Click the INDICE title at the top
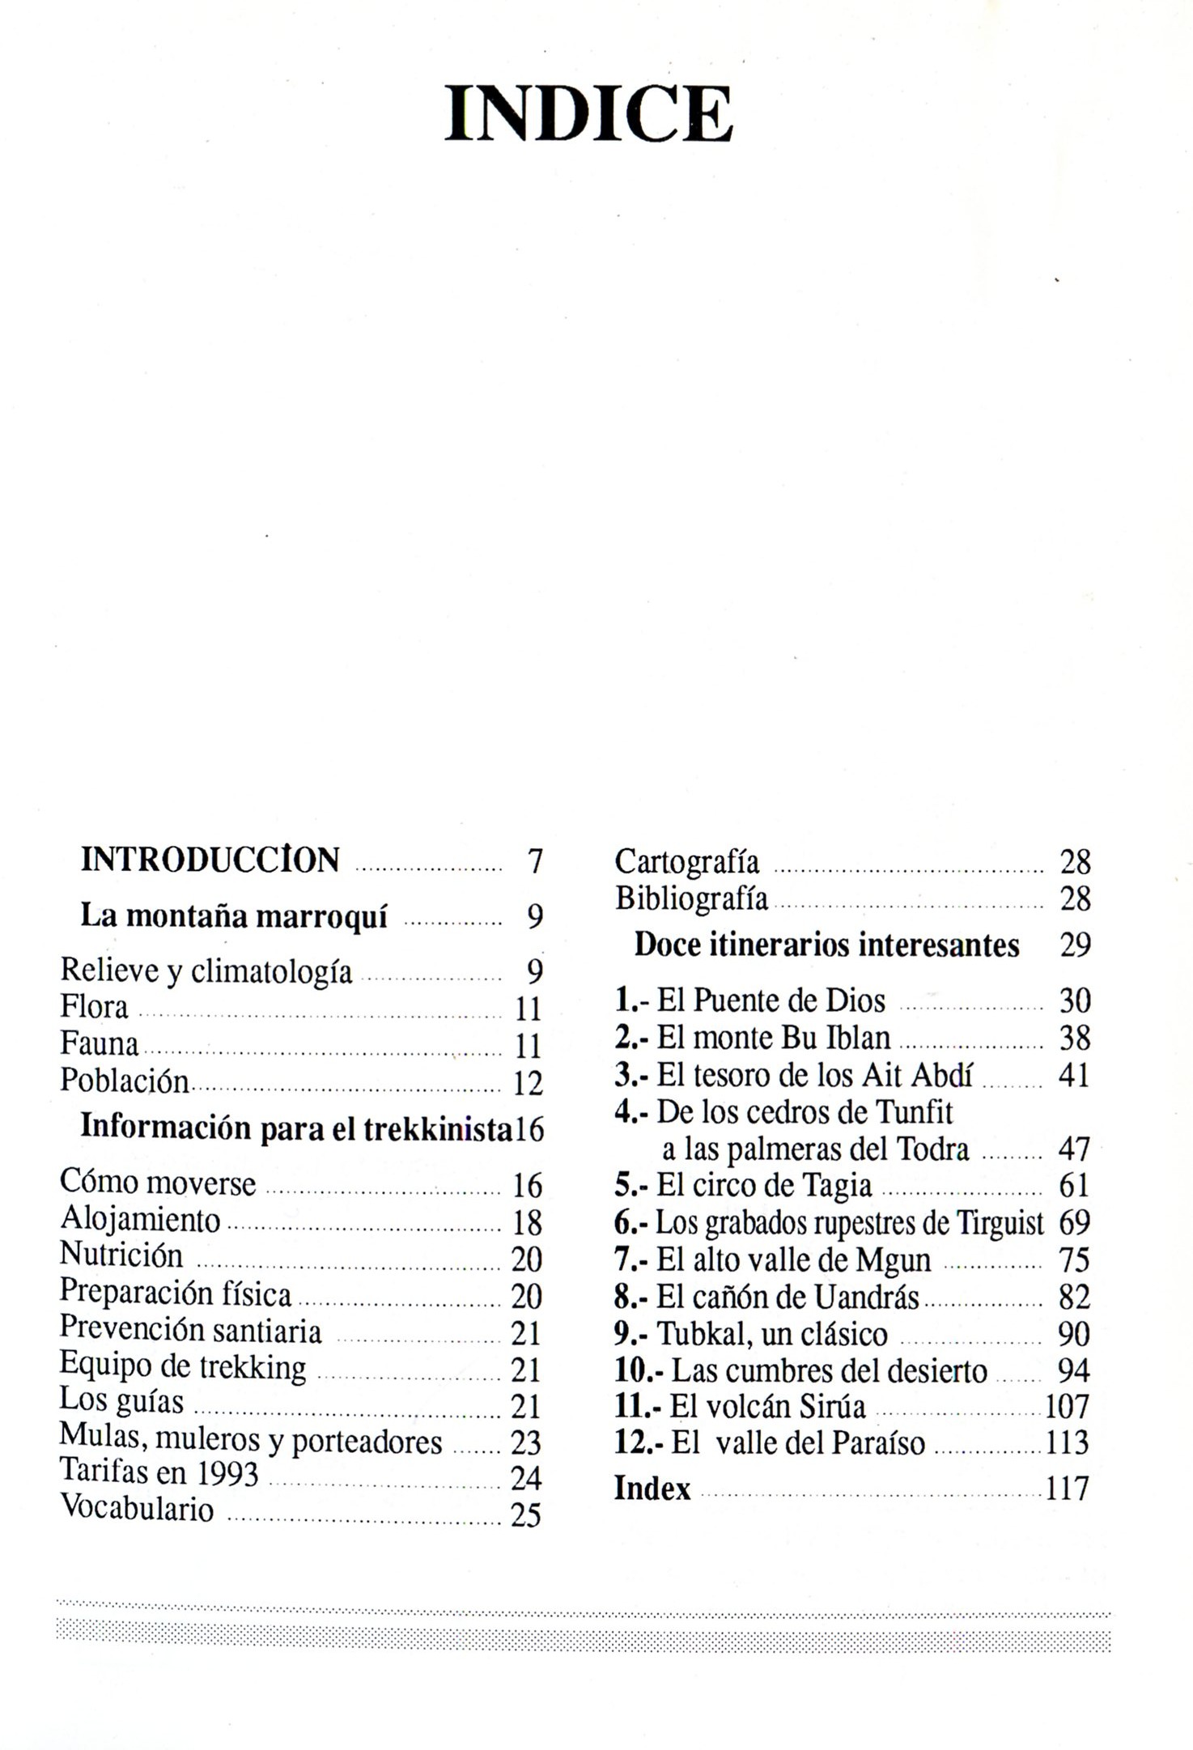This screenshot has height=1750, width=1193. coord(588,114)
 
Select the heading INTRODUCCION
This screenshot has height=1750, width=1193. coord(210,860)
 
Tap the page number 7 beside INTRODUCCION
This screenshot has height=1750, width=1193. coord(534,861)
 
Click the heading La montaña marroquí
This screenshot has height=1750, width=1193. coord(234,915)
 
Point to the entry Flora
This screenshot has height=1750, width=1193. coord(94,1007)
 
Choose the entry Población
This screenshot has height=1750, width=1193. coord(125,1081)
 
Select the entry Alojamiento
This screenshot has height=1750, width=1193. coord(140,1220)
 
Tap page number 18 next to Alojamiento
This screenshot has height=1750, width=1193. coord(527,1222)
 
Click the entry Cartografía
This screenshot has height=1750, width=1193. coord(687,862)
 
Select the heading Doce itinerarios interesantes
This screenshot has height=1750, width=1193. coord(826,945)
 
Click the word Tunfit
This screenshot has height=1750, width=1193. coord(915,1112)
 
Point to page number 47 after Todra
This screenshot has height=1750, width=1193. coord(1074,1149)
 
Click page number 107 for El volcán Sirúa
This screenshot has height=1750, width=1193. coord(1067,1407)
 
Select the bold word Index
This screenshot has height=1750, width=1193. coord(652,1489)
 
